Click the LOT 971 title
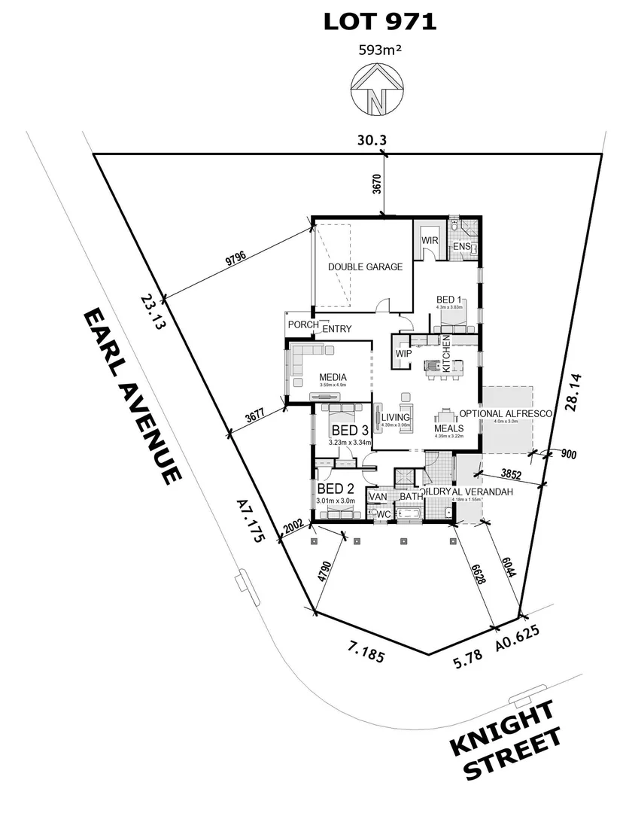379,22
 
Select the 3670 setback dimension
376,183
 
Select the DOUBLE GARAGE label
365,266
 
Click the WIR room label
430,241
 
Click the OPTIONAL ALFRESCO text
506,413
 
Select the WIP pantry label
403,352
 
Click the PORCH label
302,325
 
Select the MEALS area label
448,429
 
